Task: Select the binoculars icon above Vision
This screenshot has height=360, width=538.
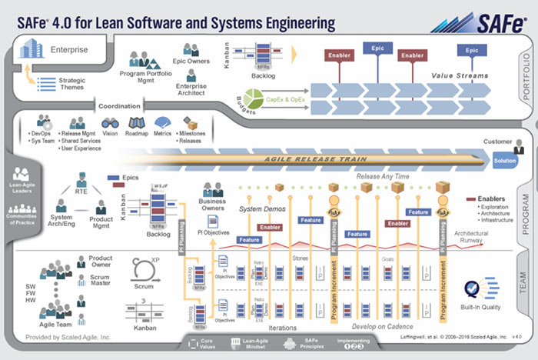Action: pos(110,123)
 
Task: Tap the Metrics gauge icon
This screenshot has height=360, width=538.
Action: pos(162,123)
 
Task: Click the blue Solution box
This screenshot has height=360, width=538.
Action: pos(505,161)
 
